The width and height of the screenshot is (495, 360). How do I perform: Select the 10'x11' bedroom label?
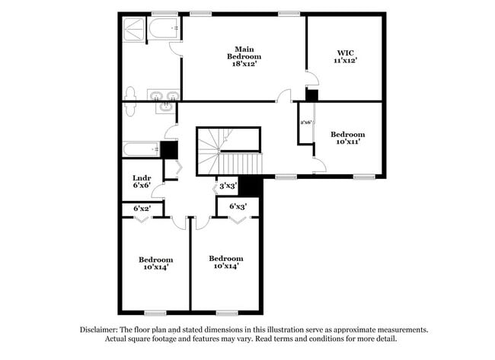coord(346,138)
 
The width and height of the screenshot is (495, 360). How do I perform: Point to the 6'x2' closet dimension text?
coord(142,209)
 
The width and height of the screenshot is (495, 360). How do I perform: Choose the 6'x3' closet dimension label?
coord(237,206)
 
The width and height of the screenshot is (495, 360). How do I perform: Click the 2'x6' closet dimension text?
coord(307,123)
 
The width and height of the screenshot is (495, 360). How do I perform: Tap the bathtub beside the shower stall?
coord(164,29)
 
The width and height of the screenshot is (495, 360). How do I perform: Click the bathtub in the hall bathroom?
coord(141,149)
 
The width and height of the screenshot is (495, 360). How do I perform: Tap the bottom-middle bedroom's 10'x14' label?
coord(226,262)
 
